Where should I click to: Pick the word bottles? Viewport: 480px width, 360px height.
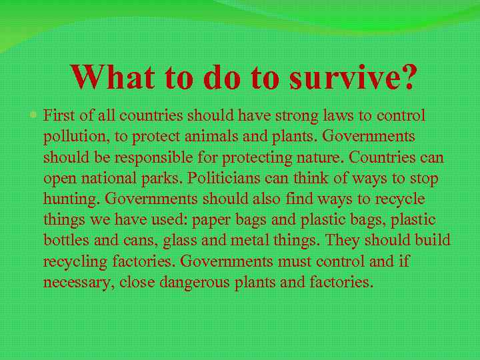pyautogui.click(x=65, y=241)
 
